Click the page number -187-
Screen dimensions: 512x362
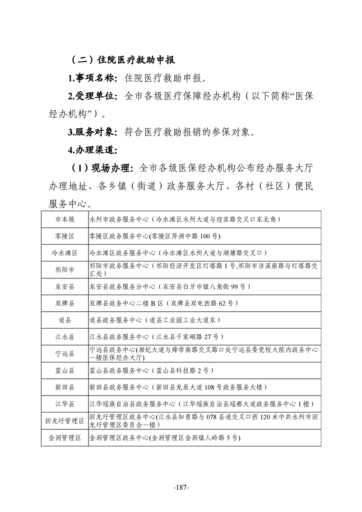pyautogui.click(x=181, y=487)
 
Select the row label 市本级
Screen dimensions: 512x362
pyautogui.click(x=64, y=219)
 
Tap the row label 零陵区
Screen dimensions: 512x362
pyautogui.click(x=64, y=236)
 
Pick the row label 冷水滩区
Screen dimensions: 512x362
pyautogui.click(x=64, y=253)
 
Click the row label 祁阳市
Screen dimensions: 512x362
pyautogui.click(x=64, y=270)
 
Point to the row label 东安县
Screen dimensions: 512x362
pyautogui.click(x=64, y=287)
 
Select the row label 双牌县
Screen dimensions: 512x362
pyautogui.click(x=64, y=303)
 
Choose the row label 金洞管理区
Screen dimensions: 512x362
pyautogui.click(x=64, y=438)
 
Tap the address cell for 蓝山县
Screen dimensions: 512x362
pyautogui.click(x=151, y=370)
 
